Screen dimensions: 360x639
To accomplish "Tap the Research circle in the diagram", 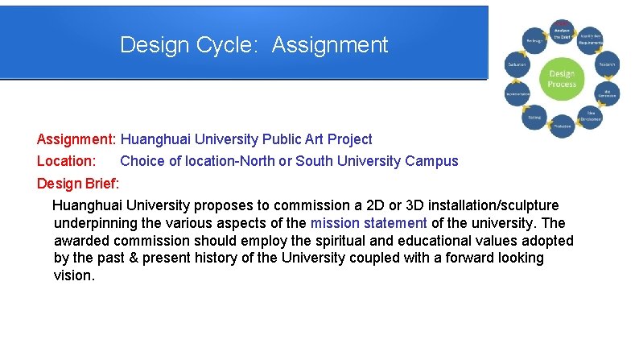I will [606, 64].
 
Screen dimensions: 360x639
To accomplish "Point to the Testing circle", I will [534, 118].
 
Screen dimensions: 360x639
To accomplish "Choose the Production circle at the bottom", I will [562, 126].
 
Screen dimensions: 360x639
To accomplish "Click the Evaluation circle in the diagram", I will [517, 64].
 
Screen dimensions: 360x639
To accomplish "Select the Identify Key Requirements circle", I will [592, 39].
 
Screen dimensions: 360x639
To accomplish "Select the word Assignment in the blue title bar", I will [330, 44].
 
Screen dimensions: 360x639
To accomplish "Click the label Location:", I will [67, 161].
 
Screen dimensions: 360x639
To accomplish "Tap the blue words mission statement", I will [369, 223].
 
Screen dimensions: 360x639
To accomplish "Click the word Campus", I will [432, 161].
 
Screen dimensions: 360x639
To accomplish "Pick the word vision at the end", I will [74, 275].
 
